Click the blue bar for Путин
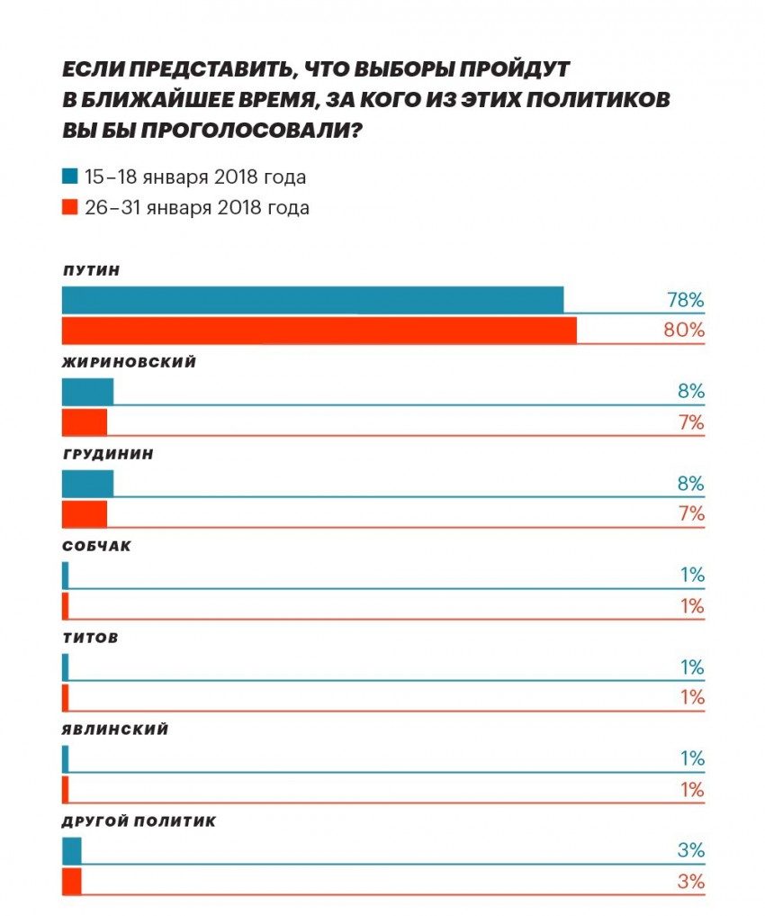(x=312, y=299)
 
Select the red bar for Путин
(x=319, y=331)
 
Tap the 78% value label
(x=685, y=300)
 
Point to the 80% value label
(x=684, y=331)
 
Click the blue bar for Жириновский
(x=87, y=392)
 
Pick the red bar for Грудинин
(x=84, y=514)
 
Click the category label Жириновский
(x=129, y=363)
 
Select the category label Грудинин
(x=107, y=455)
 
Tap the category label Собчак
(x=96, y=547)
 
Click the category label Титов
(x=90, y=639)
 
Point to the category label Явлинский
(x=114, y=730)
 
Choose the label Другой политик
(x=138, y=822)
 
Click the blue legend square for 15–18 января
(x=69, y=176)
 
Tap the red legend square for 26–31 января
(x=69, y=208)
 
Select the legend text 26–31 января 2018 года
(x=197, y=208)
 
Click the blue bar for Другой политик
(x=71, y=851)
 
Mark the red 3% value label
(x=691, y=882)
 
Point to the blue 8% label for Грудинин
(x=691, y=484)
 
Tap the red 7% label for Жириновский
(x=691, y=422)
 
